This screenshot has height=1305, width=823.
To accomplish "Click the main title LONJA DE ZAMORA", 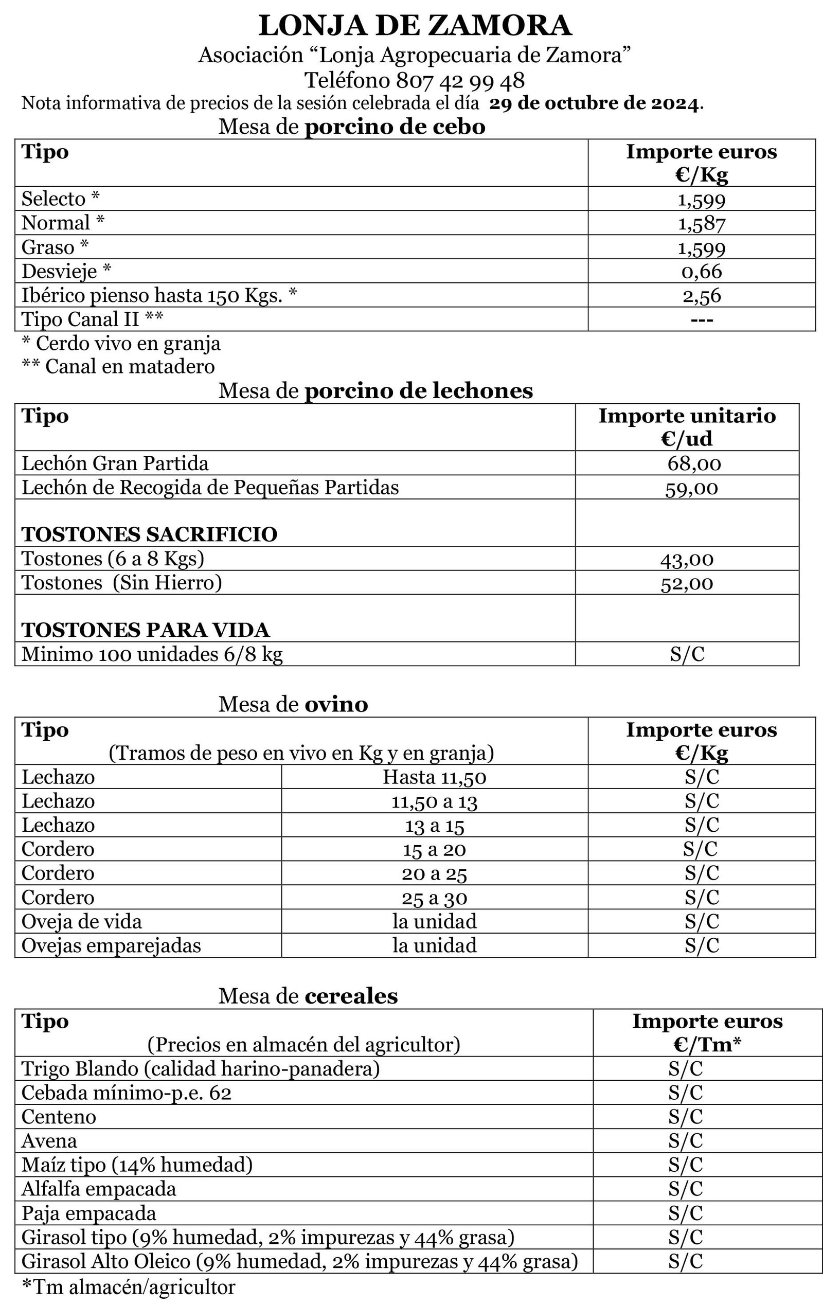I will coord(415,26).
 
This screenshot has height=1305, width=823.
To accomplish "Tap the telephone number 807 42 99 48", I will coord(460,81).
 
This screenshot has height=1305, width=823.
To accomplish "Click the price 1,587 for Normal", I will coord(701,223).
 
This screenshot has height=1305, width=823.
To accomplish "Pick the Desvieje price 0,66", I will coord(701,271).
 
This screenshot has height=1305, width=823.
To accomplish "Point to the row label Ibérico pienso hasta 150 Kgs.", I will coord(159,295).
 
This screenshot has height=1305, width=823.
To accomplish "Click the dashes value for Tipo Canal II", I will coord(701,319).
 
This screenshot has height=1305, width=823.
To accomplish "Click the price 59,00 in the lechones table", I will coord(691,488).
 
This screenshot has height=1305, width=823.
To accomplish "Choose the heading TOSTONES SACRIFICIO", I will coord(149,534).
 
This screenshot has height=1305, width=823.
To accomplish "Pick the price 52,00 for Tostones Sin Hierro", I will coord(687,583).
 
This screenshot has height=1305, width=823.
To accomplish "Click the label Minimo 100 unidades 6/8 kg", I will coord(152,655).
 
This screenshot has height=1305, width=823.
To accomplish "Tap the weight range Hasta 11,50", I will coord(434,778).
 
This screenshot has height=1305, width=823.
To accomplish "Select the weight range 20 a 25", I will coord(434,873).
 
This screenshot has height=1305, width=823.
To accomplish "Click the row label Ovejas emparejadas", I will coord(111,945).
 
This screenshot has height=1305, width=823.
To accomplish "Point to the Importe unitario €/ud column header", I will coord(687,427).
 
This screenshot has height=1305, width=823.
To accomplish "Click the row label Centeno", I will coord(59,1117).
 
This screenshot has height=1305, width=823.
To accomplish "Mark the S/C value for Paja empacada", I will coord(685,1213).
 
